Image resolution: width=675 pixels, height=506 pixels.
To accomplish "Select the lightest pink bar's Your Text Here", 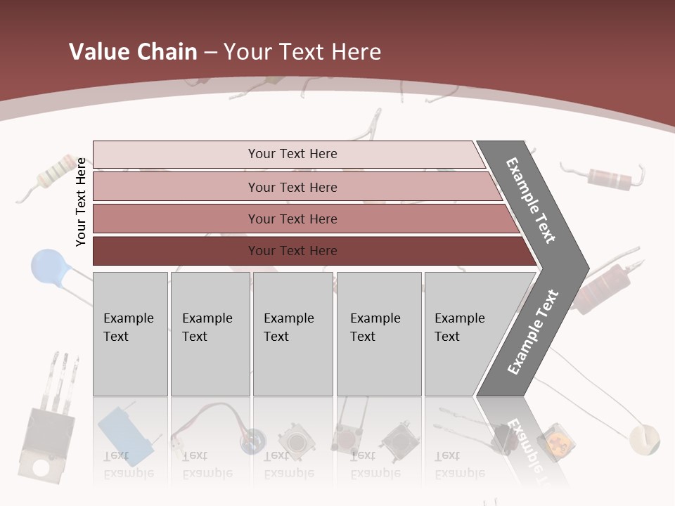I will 292,154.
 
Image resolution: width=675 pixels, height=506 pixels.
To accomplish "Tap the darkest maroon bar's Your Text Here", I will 292,251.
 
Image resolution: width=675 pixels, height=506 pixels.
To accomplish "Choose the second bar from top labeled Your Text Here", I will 292,188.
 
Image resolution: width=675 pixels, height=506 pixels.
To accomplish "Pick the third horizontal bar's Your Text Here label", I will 292,219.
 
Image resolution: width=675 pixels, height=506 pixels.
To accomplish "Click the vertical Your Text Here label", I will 81,202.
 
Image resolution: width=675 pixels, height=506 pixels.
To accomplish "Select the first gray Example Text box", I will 130,333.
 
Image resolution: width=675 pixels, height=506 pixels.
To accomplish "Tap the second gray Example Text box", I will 210,333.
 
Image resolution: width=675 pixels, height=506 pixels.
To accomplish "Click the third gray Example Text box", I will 292,333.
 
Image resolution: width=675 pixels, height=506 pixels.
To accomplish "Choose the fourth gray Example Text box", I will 378,333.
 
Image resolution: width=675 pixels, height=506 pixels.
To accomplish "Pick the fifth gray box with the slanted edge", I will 464,333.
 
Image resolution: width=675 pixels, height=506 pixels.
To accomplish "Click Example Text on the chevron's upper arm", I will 531,200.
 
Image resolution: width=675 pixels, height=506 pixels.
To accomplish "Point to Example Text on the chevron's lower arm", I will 532,332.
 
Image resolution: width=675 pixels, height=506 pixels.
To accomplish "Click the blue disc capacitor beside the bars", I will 47,266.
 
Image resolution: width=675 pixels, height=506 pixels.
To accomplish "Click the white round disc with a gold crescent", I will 644,439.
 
